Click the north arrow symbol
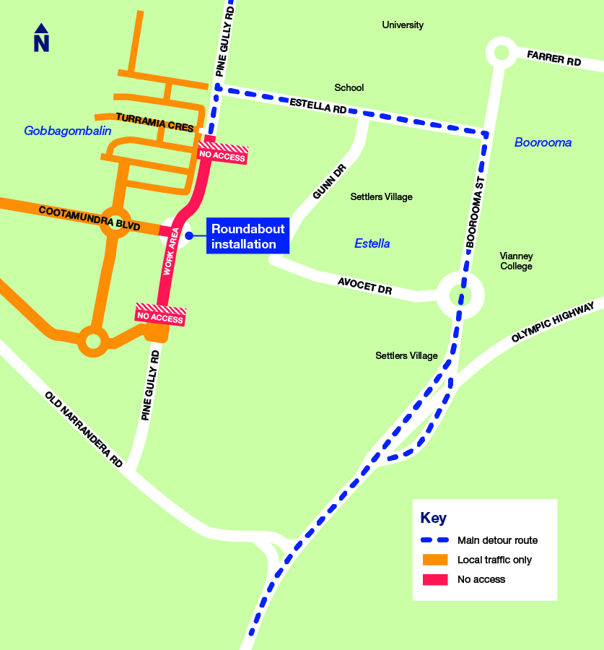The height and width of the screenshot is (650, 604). coord(41,38)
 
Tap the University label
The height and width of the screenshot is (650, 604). coord(403,25)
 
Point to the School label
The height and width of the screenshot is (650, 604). coord(349,88)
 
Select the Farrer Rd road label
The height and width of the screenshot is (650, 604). coord(554,58)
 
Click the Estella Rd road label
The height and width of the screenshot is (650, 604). coord(318,106)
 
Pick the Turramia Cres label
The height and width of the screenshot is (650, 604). coord(154,122)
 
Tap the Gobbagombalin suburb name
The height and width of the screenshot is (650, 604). coord(68,131)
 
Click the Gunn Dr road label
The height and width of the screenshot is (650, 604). coord(329,182)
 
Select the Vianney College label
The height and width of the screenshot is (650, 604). coord(516,261)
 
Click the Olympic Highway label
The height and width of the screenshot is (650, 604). coord(553,323)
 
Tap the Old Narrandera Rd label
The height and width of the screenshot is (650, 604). coord(84,429)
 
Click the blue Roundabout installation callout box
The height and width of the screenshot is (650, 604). coord(248,235)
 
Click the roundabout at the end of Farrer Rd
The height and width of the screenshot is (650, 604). coord(501,51)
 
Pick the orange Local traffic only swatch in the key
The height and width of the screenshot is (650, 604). coord(434,560)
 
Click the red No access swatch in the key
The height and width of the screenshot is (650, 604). coord(434,579)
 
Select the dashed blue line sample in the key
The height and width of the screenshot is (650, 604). coord(434,540)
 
